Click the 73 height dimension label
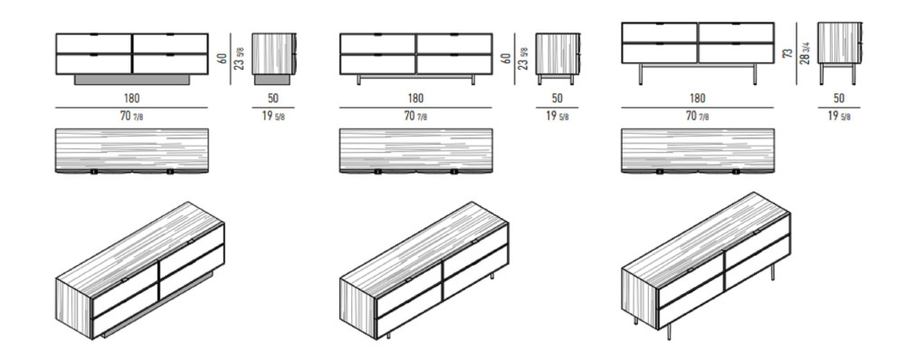[x=787, y=53]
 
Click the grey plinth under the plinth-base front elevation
[x=131, y=80]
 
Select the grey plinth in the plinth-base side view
[x=272, y=80]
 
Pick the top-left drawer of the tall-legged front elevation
[x=660, y=33]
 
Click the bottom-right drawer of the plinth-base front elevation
[x=170, y=63]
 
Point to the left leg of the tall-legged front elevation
[x=642, y=74]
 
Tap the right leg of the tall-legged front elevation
[x=755, y=74]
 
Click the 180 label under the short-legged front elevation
[x=415, y=99]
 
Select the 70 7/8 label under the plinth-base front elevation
[x=131, y=116]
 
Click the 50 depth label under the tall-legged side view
[x=839, y=99]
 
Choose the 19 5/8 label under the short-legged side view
[x=557, y=116]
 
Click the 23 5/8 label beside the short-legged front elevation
[x=524, y=58]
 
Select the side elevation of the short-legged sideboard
[x=557, y=59]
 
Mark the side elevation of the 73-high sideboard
[x=840, y=53]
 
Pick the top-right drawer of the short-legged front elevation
[x=453, y=43]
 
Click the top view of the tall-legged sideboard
[x=698, y=150]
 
